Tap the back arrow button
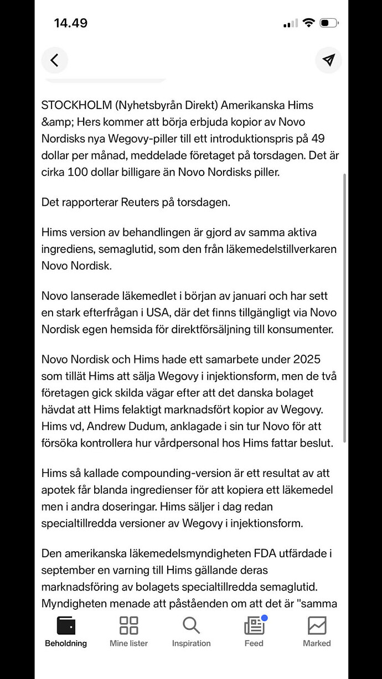[54, 60]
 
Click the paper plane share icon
[328, 60]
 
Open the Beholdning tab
[66, 631]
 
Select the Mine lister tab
[128, 631]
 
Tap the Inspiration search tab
[191, 631]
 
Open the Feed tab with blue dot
[254, 631]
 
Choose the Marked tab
[317, 631]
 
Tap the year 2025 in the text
[324, 360]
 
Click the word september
[69, 570]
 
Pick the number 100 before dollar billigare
[78, 172]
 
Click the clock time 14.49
[70, 23]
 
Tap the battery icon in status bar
[329, 23]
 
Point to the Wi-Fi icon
[308, 23]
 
